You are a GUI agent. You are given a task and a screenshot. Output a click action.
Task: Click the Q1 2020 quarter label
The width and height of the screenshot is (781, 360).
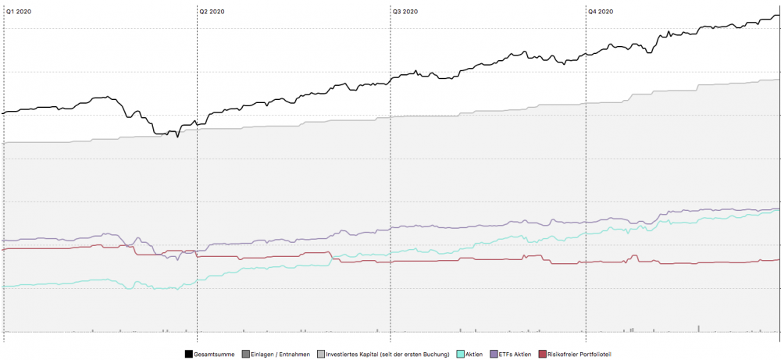pos(19,12)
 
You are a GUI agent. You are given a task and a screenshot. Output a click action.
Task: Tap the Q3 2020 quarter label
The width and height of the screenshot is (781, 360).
pos(406,12)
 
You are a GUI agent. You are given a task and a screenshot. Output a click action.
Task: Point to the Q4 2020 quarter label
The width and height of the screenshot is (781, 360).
pos(600,12)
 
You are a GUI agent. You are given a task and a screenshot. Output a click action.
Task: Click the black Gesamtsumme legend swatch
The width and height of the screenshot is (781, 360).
pos(189,355)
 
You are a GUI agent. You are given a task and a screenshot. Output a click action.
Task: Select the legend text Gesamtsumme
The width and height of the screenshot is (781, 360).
pos(215,355)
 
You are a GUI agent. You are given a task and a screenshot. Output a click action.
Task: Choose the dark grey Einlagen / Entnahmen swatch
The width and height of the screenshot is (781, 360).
pos(246,355)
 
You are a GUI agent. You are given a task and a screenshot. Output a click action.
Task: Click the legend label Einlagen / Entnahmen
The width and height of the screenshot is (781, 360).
pos(280,355)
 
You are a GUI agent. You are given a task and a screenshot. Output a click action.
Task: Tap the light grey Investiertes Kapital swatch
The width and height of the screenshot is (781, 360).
pos(320,355)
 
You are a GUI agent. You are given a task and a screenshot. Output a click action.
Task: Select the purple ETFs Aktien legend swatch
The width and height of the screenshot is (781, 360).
pos(493,355)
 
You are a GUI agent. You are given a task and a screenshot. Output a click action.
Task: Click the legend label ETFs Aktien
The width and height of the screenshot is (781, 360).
pos(515,355)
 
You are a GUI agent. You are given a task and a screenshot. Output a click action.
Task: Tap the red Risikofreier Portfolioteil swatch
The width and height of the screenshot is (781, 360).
pos(542,355)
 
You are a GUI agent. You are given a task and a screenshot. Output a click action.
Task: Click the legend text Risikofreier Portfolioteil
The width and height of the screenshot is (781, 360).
pos(579,355)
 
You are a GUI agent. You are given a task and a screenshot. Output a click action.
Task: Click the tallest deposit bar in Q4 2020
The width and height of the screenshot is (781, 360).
pos(698,329)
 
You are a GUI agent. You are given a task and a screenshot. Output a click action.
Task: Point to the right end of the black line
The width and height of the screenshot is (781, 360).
pos(778,16)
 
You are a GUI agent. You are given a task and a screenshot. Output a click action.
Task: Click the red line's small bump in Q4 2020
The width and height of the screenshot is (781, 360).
pos(636,256)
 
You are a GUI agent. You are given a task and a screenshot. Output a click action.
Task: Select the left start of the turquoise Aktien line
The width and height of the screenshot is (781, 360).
pos(5,286)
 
